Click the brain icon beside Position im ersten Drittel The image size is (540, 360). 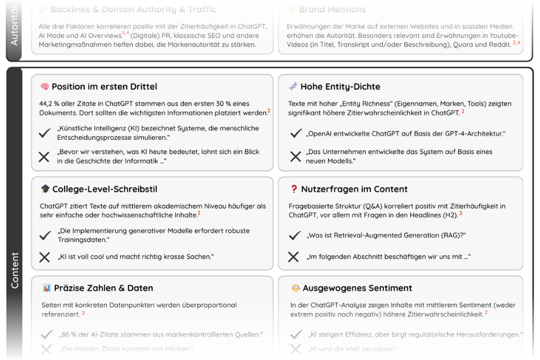[44, 86]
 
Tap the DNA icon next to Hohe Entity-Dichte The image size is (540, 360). [293, 86]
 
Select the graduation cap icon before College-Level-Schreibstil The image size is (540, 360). [45, 189]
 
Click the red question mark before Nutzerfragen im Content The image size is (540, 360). [294, 189]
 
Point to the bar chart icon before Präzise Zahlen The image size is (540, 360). [46, 288]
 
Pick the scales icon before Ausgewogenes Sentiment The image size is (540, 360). [295, 288]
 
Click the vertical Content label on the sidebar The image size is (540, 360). [15, 270]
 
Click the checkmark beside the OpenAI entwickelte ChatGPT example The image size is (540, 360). [295, 133]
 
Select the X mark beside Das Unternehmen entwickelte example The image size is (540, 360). [295, 157]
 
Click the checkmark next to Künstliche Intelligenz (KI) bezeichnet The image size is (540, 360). [44, 133]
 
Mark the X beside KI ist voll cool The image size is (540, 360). [44, 257]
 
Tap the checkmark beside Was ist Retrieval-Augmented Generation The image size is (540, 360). [294, 236]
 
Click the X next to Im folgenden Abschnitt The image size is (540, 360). [293, 257]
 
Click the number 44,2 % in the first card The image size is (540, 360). [50, 104]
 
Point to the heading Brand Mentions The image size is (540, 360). [332, 10]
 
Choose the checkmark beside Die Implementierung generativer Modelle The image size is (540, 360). [44, 236]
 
